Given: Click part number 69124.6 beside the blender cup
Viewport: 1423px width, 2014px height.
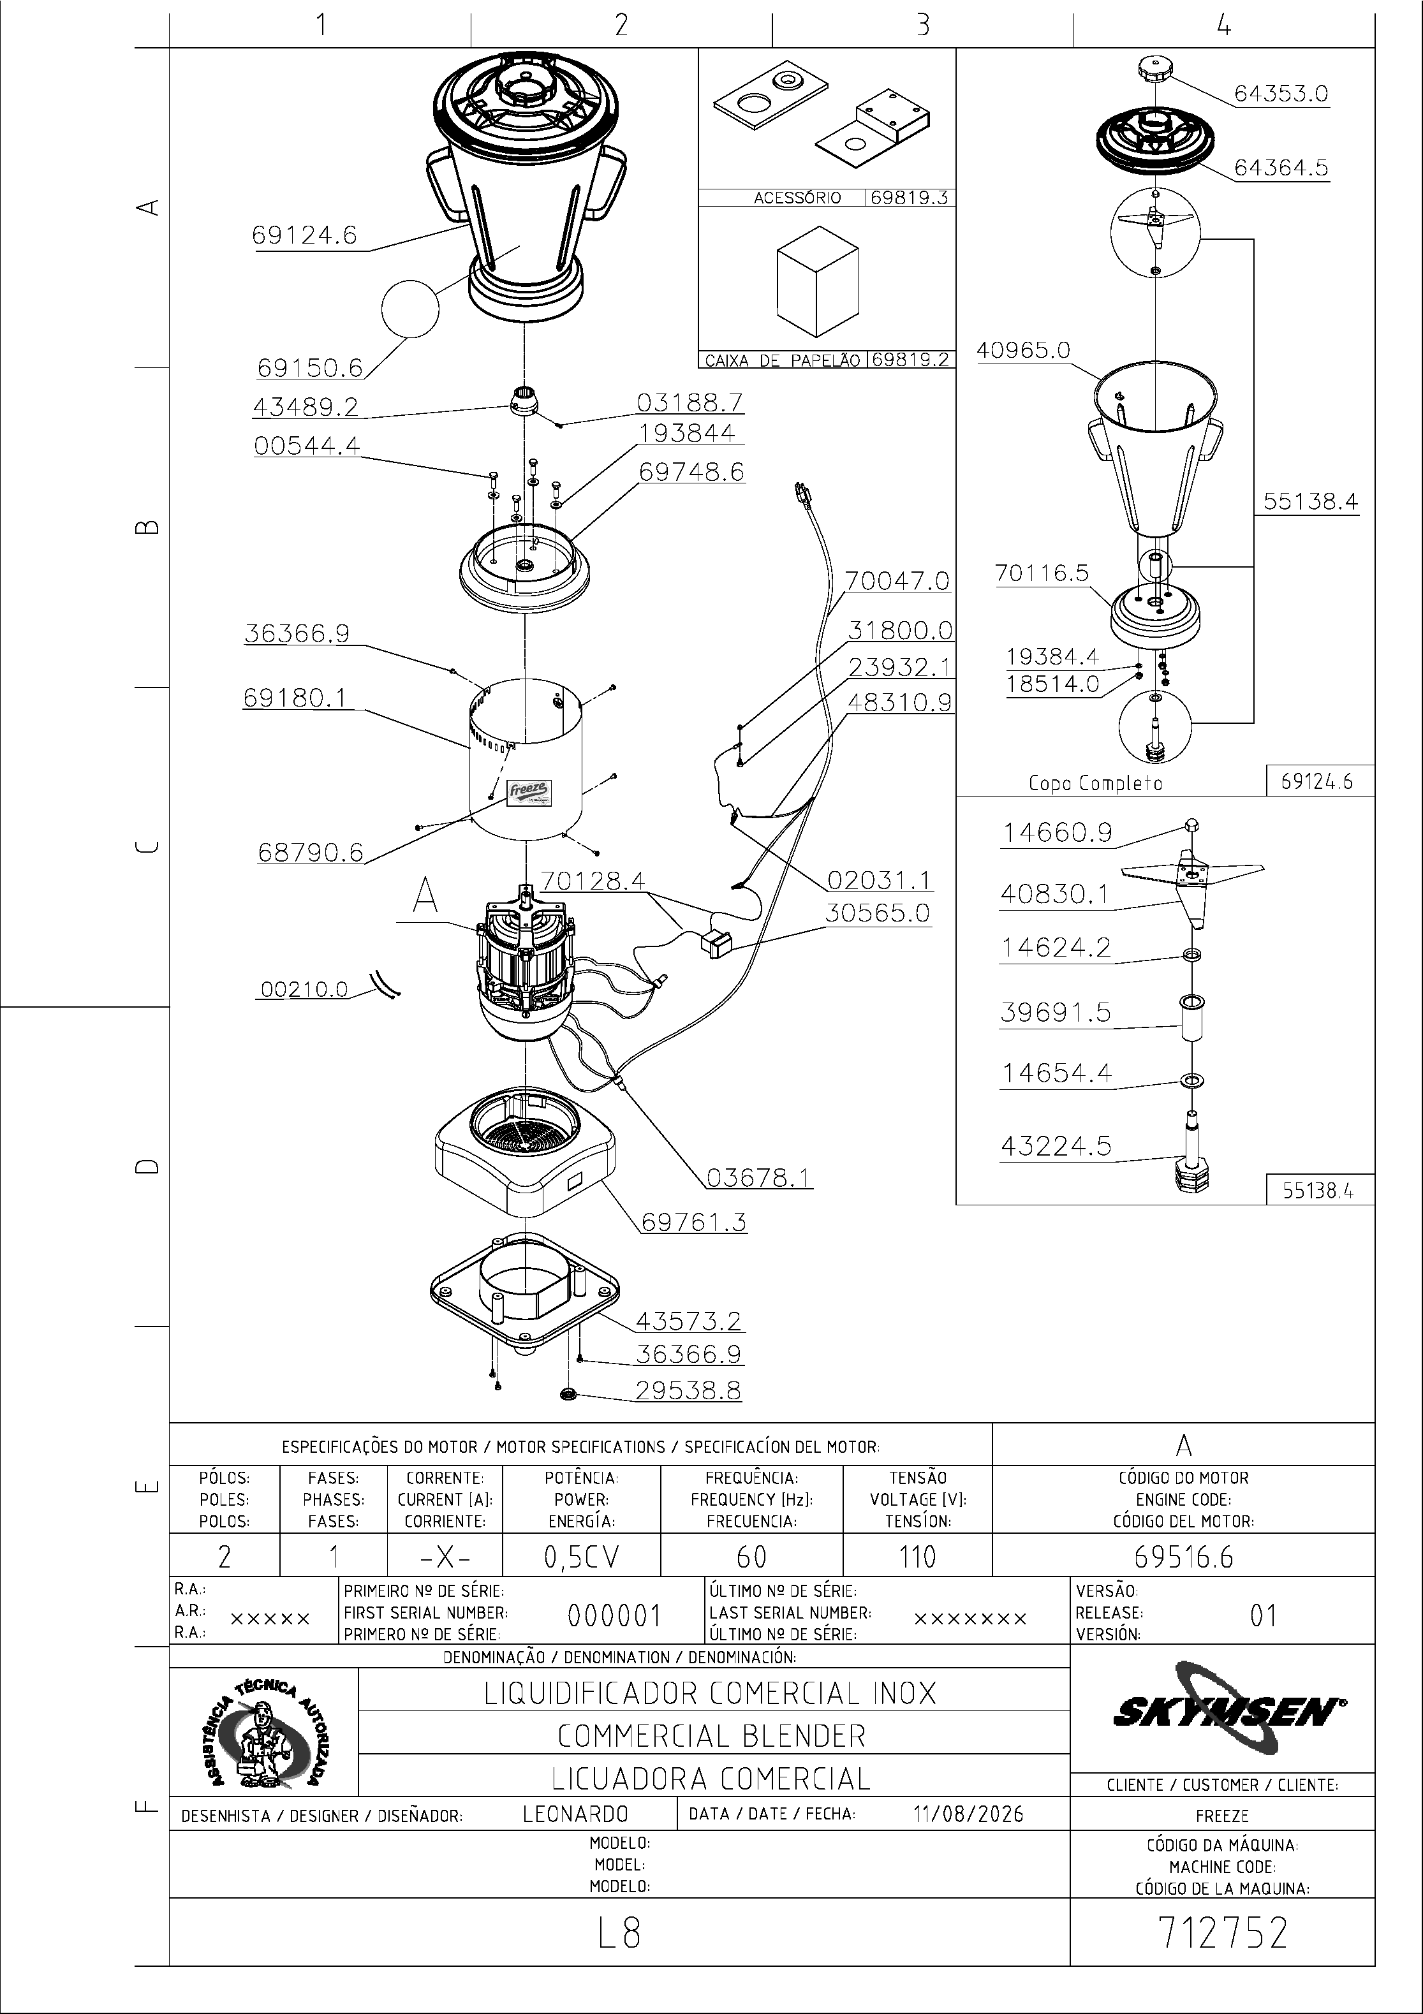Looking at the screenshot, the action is click(x=304, y=235).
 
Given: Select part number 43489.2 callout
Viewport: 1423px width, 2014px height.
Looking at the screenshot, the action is click(x=306, y=407).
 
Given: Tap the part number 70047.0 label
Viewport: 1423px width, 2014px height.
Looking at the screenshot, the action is click(x=897, y=581).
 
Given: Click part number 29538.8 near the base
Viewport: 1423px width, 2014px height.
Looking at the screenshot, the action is click(x=689, y=1390).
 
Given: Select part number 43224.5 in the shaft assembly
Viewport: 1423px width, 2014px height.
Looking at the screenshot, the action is click(x=1056, y=1145).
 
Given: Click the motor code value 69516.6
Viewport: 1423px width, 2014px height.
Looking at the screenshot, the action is click(x=1183, y=1557).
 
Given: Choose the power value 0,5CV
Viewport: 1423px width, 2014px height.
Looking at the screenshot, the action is click(x=582, y=1557).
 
